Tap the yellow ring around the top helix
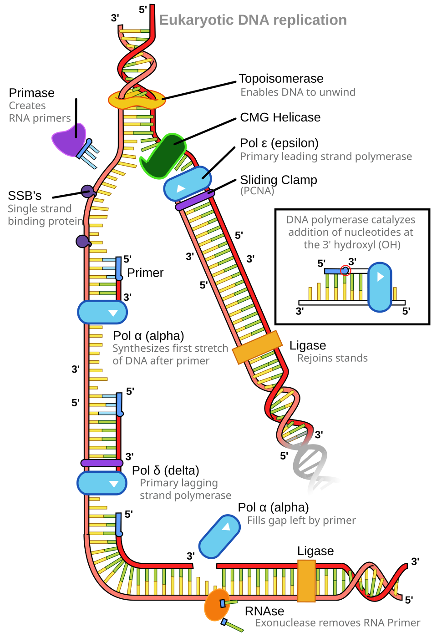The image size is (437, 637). pos(137,100)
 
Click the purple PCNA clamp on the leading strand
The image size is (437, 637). pos(195,201)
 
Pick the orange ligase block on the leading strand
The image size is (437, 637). pos(257,347)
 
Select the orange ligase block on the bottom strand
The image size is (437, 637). pos(306,581)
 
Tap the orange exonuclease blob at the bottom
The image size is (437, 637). pos(216,606)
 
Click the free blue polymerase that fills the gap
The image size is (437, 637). pos(219,536)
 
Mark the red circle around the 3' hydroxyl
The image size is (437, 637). pos(346,270)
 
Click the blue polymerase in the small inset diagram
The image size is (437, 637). pos(380,287)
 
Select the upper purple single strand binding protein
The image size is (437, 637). pos(87,191)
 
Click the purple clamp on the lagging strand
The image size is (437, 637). pos(102,463)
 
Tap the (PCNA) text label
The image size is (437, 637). pos(257,191)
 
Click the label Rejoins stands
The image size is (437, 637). pos(332,358)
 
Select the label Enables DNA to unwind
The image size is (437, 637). pos(298,92)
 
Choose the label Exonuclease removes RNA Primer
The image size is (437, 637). pos(337,623)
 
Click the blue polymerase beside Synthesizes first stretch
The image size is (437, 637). pos(102,312)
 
